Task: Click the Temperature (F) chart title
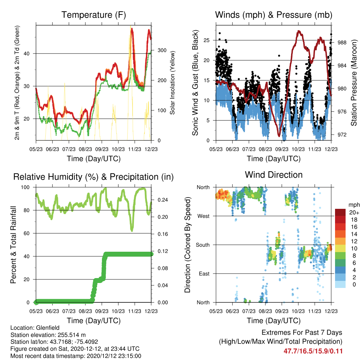94,15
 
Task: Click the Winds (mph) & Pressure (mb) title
274,15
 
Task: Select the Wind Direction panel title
274,175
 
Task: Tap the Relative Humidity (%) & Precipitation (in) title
94,177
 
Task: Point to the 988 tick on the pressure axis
342,43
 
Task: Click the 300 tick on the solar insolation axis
162,50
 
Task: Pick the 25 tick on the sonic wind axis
207,40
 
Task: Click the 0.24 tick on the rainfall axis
163,200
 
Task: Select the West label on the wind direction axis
204,216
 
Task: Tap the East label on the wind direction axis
204,274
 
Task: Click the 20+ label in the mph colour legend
354,213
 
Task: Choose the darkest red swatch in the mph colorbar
340,212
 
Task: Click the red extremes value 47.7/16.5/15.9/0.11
313,351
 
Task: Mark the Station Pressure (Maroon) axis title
354,83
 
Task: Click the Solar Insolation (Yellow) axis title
172,83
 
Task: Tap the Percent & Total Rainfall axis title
13,245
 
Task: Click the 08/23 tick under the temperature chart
85,149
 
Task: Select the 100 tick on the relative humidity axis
25,187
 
